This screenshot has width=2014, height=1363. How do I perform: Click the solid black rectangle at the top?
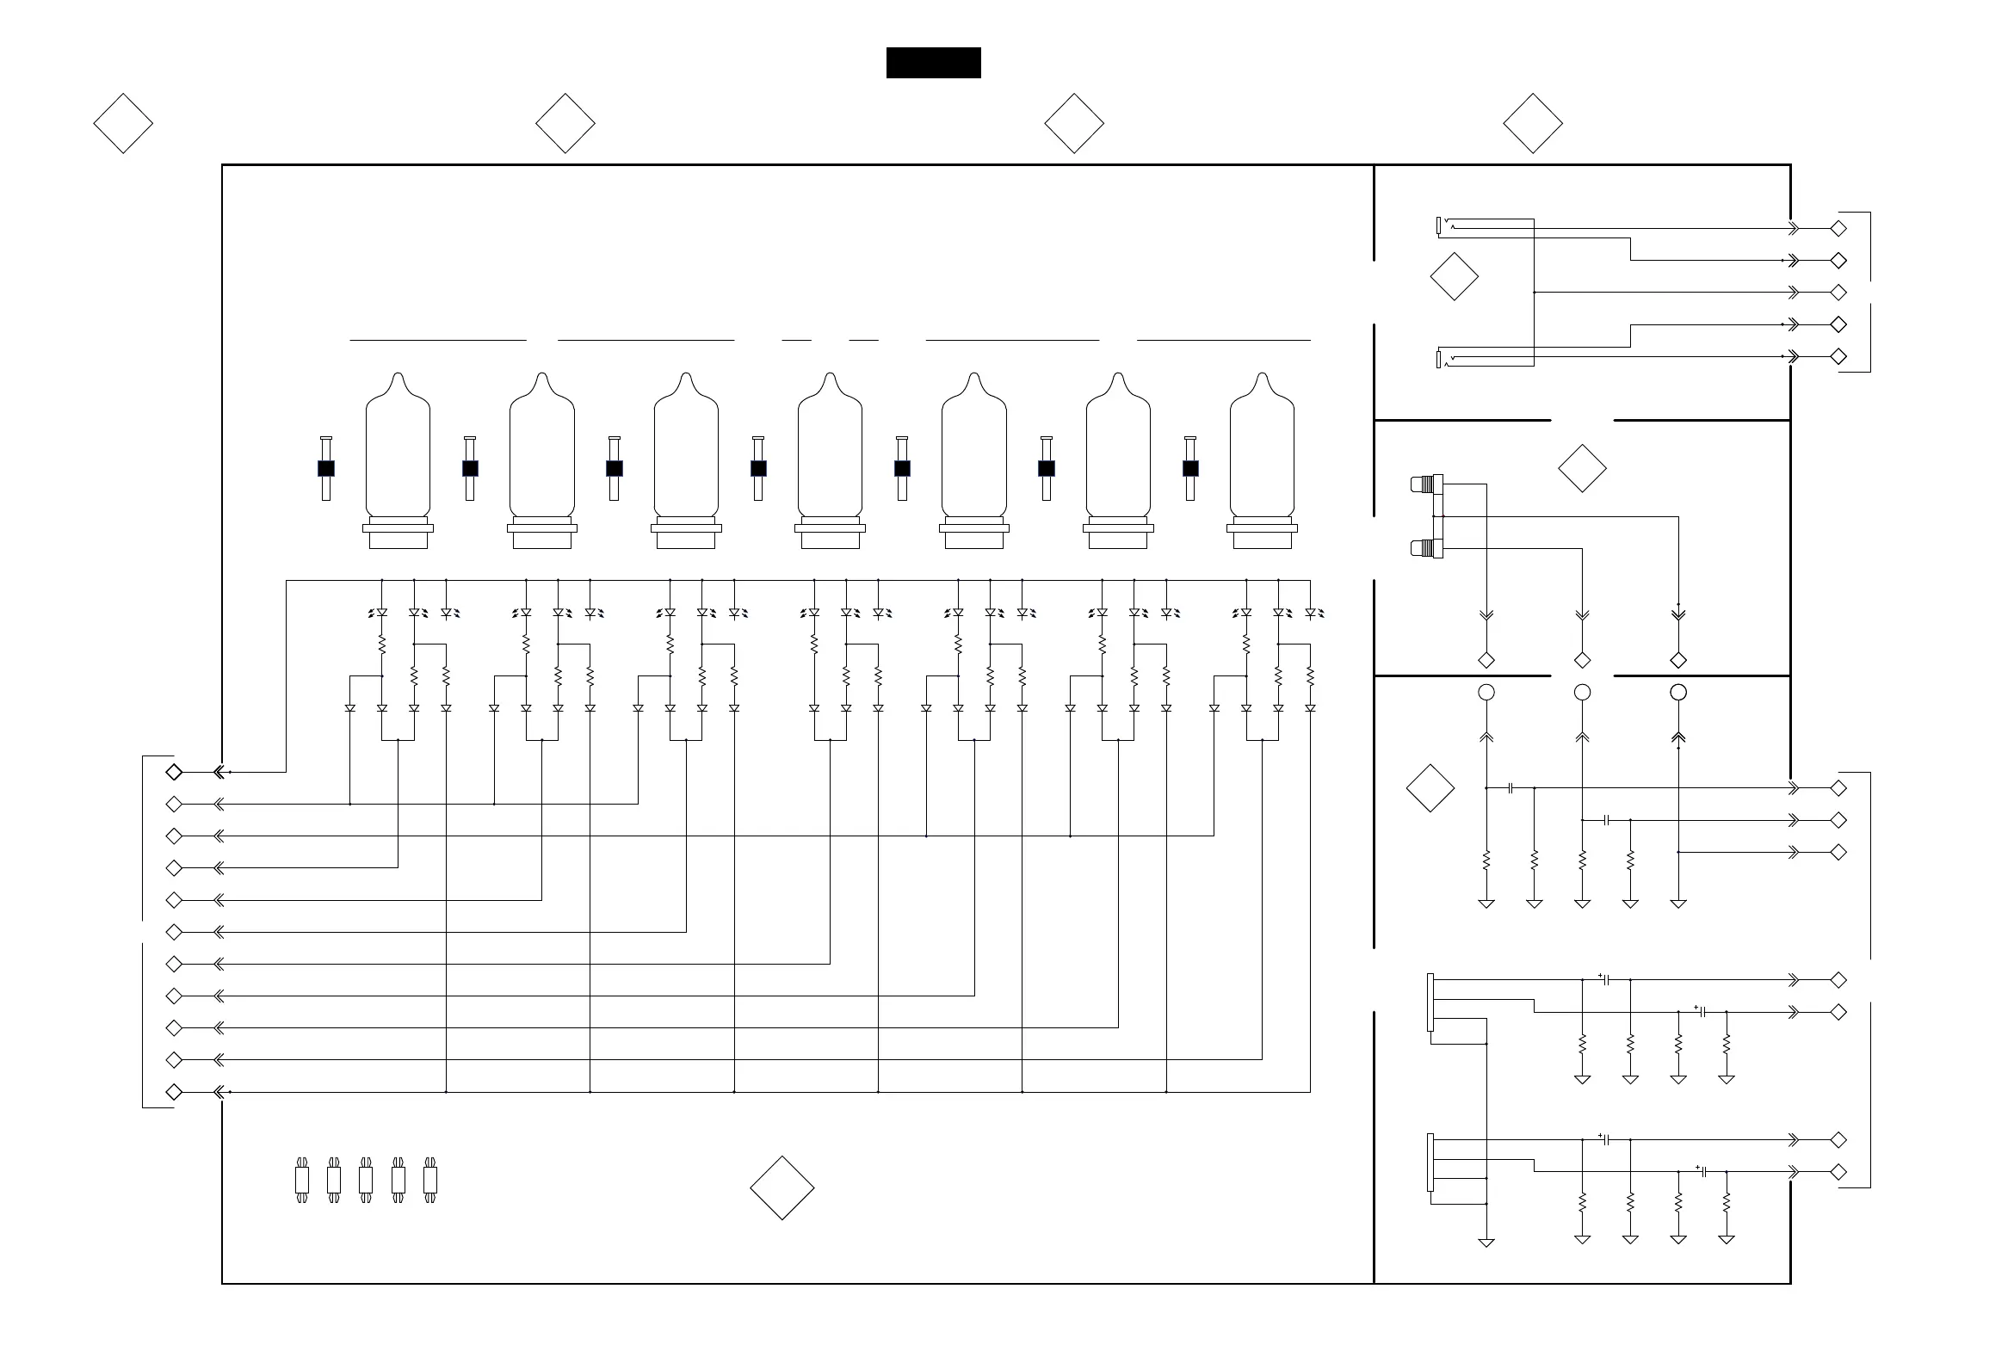click(933, 63)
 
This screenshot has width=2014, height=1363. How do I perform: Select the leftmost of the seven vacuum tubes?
click(398, 459)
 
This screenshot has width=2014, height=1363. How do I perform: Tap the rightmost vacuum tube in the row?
click(1262, 459)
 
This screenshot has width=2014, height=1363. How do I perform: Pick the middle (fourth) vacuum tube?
click(831, 459)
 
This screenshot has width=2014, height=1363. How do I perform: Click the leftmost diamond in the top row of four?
click(123, 123)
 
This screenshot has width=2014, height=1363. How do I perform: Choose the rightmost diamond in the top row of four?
click(1532, 123)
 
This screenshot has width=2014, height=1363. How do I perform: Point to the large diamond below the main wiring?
click(782, 1187)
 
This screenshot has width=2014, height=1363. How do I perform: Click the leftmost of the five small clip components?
click(301, 1180)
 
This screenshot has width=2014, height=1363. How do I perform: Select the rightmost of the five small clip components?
click(429, 1180)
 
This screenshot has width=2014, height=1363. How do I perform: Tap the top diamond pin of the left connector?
click(173, 771)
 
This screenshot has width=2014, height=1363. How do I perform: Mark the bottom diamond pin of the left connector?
click(173, 1092)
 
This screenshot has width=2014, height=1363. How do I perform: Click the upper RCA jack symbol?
click(1425, 484)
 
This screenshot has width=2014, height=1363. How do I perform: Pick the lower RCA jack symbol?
click(1425, 547)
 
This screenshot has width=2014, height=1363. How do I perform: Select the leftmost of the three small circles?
click(1486, 693)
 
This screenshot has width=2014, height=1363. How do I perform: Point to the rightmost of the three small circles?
click(1677, 693)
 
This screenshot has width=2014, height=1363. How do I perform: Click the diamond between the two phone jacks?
click(1454, 276)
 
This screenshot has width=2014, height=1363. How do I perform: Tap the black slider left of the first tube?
click(326, 468)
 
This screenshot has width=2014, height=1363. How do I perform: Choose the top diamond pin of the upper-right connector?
click(1838, 229)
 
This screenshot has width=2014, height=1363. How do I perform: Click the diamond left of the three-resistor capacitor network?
click(1430, 787)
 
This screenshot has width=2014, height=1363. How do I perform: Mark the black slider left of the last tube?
click(1189, 468)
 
